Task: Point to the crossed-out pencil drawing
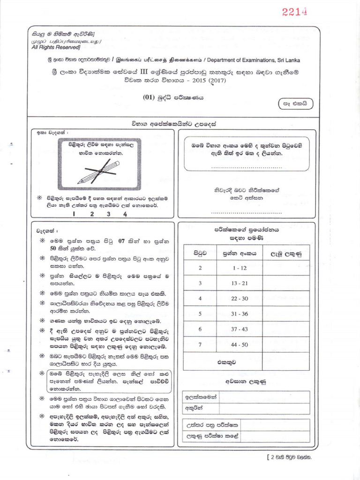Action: (99, 172)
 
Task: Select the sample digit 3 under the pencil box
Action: (108, 214)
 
